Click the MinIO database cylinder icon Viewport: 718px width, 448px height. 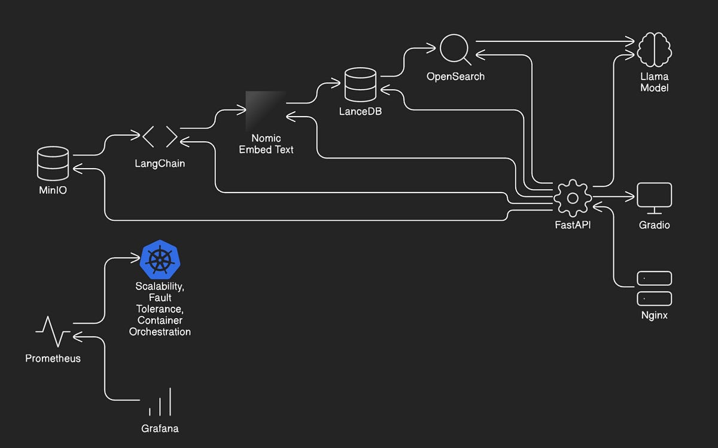point(53,163)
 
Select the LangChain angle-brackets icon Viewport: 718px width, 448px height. point(160,136)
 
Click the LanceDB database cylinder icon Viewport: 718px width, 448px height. point(360,85)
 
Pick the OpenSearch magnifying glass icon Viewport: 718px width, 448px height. point(455,50)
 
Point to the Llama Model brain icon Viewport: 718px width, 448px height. point(654,50)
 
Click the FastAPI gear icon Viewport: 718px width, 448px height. point(572,197)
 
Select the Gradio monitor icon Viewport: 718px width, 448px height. point(654,198)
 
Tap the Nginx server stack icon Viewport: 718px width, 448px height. point(654,288)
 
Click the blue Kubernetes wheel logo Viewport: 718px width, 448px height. point(160,260)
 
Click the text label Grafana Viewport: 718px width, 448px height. point(160,428)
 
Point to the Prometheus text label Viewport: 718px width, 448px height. point(53,358)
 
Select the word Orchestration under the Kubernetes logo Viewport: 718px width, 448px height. point(160,331)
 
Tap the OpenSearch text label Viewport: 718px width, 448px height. point(455,77)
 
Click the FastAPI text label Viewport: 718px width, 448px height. point(573,225)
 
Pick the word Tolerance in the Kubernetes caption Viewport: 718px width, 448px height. point(160,309)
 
